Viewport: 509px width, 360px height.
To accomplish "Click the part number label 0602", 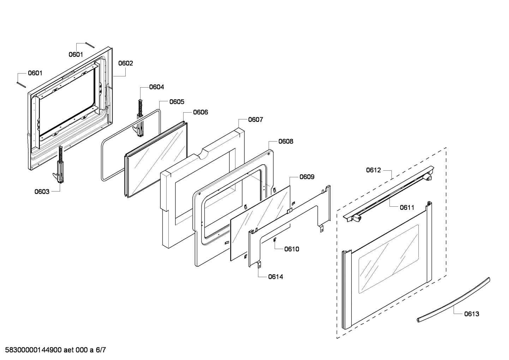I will pyautogui.click(x=126, y=63).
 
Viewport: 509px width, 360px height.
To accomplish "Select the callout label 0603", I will pyautogui.click(x=42, y=191).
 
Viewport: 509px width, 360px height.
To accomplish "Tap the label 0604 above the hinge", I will pyautogui.click(x=156, y=87).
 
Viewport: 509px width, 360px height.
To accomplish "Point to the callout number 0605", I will pyautogui.click(x=176, y=102).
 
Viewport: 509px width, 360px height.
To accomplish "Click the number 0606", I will pyautogui.click(x=200, y=112).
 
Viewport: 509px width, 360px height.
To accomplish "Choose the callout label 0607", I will pyautogui.click(x=255, y=120).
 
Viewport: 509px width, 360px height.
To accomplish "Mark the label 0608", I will pyautogui.click(x=286, y=141).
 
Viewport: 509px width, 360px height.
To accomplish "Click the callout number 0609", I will pyautogui.click(x=307, y=177).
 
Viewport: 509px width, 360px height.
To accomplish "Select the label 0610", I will pyautogui.click(x=292, y=249).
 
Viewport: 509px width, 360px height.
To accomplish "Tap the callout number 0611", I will pyautogui.click(x=407, y=207).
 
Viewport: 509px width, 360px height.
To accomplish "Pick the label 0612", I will pyautogui.click(x=373, y=170).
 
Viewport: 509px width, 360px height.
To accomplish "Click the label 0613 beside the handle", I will pyautogui.click(x=472, y=314).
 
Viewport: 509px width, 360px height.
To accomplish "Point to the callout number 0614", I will pyautogui.click(x=275, y=277).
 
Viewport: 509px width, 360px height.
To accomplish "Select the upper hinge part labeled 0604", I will pyautogui.click(x=140, y=118).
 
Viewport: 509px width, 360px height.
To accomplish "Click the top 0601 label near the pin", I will pyautogui.click(x=76, y=54).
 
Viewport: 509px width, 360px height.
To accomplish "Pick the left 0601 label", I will pyautogui.click(x=35, y=73).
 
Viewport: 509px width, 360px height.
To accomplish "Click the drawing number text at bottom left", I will pyautogui.click(x=53, y=350).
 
